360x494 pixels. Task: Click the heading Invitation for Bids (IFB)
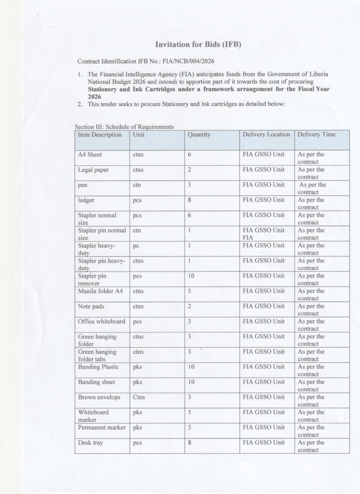click(x=197, y=45)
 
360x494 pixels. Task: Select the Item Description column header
click(x=100, y=135)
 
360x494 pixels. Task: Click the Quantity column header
click(x=199, y=135)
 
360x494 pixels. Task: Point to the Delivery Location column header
click(x=266, y=135)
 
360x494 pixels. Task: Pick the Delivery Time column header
click(x=317, y=135)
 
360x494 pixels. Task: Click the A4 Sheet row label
click(x=90, y=155)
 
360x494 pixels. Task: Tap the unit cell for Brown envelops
click(x=138, y=398)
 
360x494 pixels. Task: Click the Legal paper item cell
click(x=94, y=170)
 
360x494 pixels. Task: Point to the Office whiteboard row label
click(x=101, y=321)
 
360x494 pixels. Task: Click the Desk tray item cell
click(x=91, y=442)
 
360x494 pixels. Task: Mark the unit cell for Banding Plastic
click(x=137, y=367)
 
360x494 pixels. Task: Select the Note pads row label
click(x=91, y=306)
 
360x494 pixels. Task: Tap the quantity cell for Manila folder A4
click(x=189, y=291)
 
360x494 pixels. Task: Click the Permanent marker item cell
click(x=102, y=427)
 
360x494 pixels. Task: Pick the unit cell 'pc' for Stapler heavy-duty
click(x=136, y=246)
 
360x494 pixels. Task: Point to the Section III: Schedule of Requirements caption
click(x=124, y=126)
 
